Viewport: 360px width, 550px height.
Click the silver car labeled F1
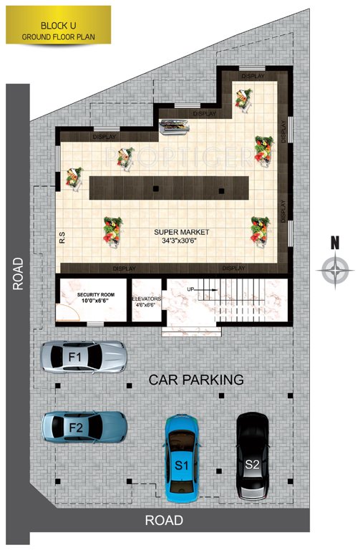(84, 357)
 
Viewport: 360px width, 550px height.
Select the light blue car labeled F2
(84, 428)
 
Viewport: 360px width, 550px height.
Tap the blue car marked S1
(182, 459)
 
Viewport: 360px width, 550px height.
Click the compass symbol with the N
(334, 271)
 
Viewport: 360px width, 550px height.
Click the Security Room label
(93, 295)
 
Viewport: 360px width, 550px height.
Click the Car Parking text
(196, 380)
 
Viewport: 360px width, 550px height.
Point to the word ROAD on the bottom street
(164, 521)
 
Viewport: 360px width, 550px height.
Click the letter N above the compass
(334, 243)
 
